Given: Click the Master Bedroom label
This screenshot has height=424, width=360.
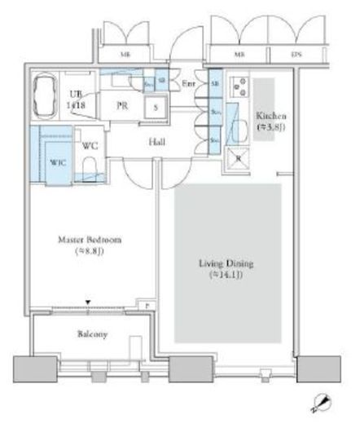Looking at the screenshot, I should point(90,246).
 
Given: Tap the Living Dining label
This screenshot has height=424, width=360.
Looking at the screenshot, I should point(227,270).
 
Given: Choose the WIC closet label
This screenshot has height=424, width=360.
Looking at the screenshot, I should point(58,162).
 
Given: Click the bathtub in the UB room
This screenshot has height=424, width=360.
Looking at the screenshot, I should point(46,96).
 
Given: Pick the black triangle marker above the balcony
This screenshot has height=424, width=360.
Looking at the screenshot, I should point(88,302).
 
